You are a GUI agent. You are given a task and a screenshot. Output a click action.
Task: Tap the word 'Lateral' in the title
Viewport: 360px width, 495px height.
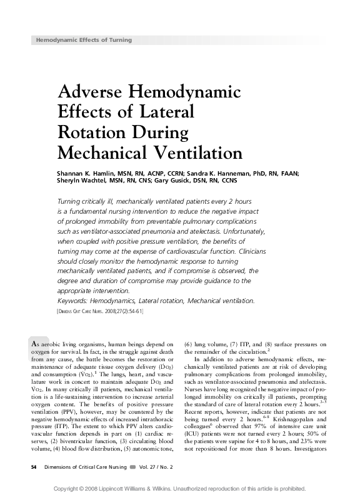163,112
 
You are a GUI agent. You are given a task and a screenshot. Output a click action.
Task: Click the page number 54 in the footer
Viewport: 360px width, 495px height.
34,466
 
